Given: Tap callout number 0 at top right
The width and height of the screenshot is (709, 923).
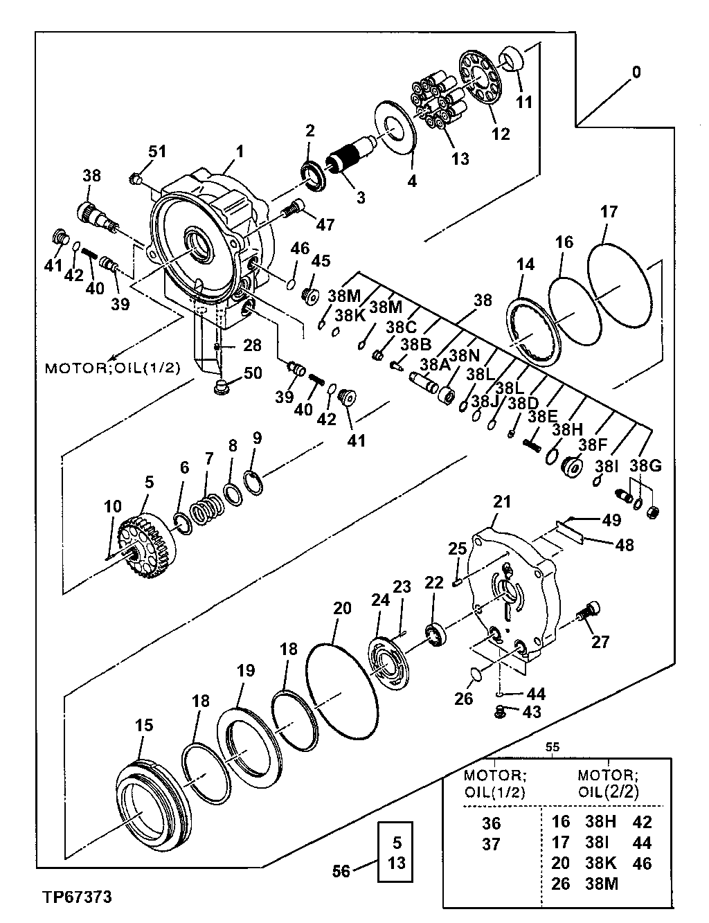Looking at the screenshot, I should coord(636,72).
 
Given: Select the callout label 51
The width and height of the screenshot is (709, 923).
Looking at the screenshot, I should coord(158,152).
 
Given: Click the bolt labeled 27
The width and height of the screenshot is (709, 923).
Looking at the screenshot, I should coord(587,611).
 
